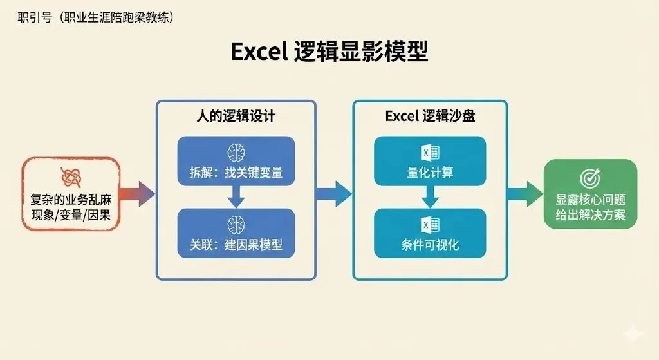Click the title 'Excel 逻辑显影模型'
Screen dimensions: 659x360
tap(329, 52)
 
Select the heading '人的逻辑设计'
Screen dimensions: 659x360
tap(236, 116)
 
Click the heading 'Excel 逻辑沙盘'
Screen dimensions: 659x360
tap(430, 116)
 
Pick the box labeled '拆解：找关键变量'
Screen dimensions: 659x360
tap(236, 162)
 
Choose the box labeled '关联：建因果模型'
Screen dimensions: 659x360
tap(236, 232)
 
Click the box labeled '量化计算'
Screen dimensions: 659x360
tap(429, 162)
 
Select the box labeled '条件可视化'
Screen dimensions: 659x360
tap(429, 232)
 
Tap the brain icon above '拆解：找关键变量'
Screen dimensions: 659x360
tap(236, 152)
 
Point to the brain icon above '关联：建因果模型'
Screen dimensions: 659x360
tap(236, 223)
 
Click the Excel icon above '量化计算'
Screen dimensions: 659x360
tap(430, 152)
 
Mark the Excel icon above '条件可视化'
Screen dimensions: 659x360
tap(430, 224)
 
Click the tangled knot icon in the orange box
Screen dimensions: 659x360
tap(70, 177)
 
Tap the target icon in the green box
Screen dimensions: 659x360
tap(589, 178)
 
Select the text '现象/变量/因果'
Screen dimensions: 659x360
tap(71, 215)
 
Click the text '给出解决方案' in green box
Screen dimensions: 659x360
tap(590, 214)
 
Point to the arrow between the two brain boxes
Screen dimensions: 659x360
tap(236, 197)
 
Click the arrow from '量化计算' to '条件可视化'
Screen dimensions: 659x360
tap(430, 197)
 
